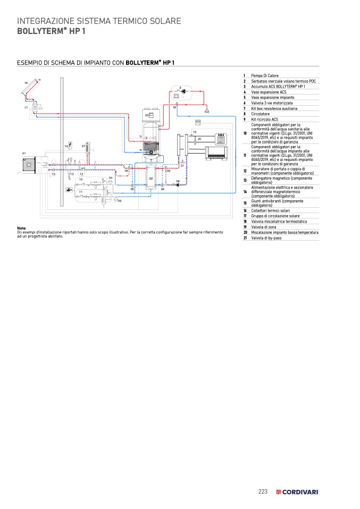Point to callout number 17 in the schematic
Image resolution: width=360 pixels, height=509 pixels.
coord(26,108)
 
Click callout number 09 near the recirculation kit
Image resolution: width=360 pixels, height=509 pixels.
coord(180,87)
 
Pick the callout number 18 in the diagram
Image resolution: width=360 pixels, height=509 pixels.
coord(174,108)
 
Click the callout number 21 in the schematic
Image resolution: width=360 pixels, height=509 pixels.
coord(182,166)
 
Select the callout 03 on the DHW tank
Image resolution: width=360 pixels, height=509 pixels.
coord(147,115)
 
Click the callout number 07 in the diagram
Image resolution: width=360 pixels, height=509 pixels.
coord(83,146)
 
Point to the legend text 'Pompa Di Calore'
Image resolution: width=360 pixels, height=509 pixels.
coord(265,75)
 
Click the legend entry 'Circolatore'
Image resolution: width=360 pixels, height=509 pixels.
coord(261,114)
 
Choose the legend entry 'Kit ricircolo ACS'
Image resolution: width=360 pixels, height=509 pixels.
coord(265,120)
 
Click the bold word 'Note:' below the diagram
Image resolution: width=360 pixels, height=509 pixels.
coord(22,228)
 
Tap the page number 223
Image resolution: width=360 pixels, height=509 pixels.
coord(263,491)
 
